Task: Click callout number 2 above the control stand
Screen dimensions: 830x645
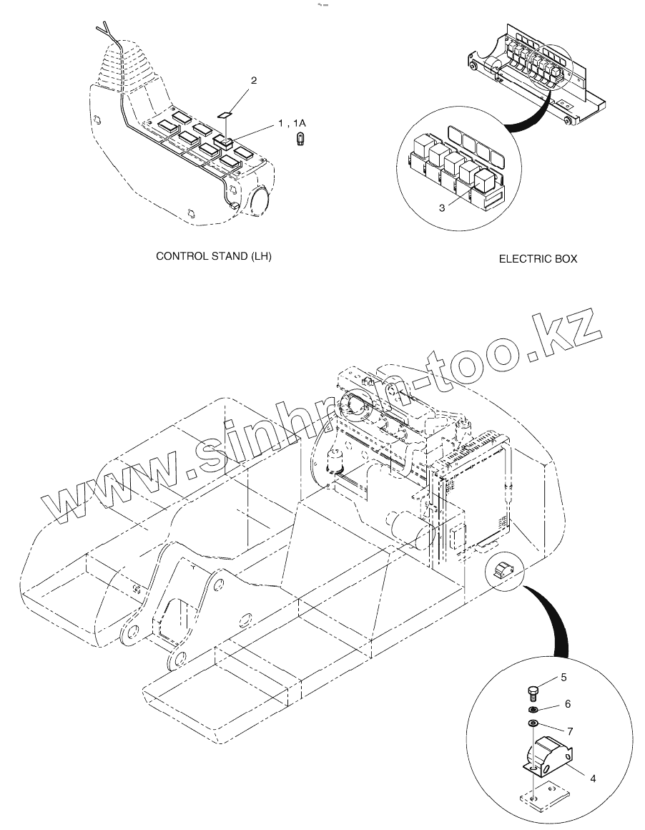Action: (253, 81)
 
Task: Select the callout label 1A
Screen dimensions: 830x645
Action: (299, 123)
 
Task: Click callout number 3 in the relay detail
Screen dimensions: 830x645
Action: (441, 207)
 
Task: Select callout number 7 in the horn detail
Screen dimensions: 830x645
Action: (570, 731)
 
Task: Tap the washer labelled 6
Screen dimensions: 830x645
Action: (533, 710)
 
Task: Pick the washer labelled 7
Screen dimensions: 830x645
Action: (533, 725)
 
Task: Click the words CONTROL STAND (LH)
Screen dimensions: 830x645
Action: (214, 256)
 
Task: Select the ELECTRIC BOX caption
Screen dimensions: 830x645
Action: (538, 259)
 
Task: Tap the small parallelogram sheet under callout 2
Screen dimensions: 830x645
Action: (225, 113)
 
